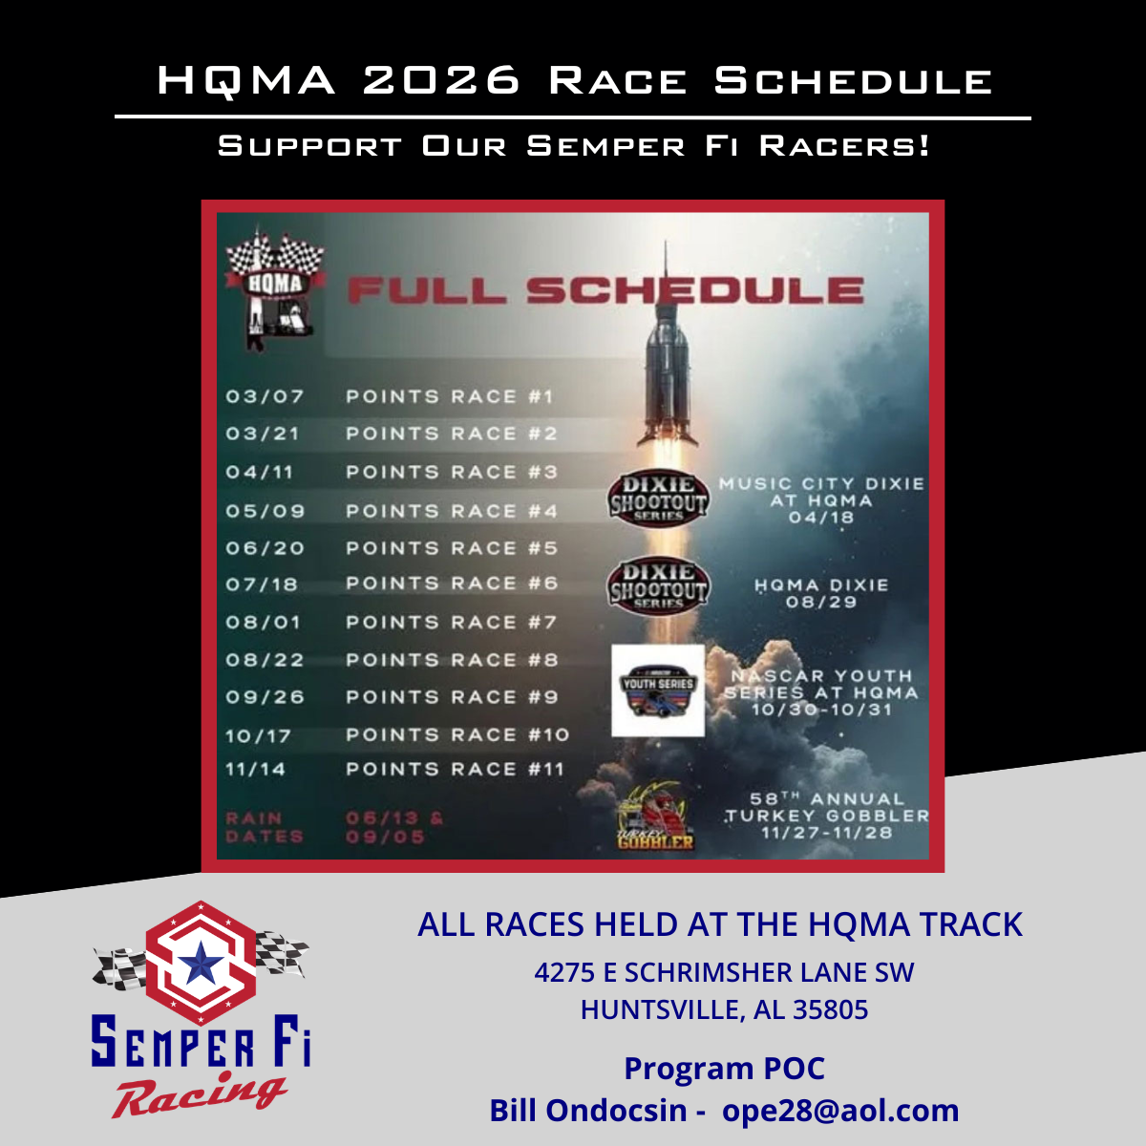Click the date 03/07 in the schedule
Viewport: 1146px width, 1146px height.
pyautogui.click(x=265, y=396)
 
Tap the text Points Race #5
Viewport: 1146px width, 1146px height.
pyautogui.click(x=452, y=549)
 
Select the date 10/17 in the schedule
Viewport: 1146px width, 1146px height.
pyautogui.click(x=258, y=736)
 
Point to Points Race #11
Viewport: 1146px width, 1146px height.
pyautogui.click(x=455, y=770)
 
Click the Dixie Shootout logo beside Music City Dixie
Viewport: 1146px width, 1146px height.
pyautogui.click(x=658, y=497)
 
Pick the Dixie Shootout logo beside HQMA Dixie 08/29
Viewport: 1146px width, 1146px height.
pyautogui.click(x=658, y=584)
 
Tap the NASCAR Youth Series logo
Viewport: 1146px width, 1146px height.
pyautogui.click(x=658, y=690)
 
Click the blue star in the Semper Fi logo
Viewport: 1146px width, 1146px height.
pyautogui.click(x=201, y=965)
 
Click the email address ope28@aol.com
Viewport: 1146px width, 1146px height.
pyautogui.click(x=840, y=1111)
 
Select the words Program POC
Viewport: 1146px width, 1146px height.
pyautogui.click(x=724, y=1069)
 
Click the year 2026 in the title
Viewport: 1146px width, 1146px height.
pyautogui.click(x=441, y=81)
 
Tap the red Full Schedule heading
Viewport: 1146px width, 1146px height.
pyautogui.click(x=605, y=290)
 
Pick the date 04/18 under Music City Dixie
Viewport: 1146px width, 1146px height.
pyautogui.click(x=821, y=518)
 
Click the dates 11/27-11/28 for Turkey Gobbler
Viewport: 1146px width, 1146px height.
pyautogui.click(x=826, y=833)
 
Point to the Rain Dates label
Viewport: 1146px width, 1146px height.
pyautogui.click(x=264, y=827)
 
